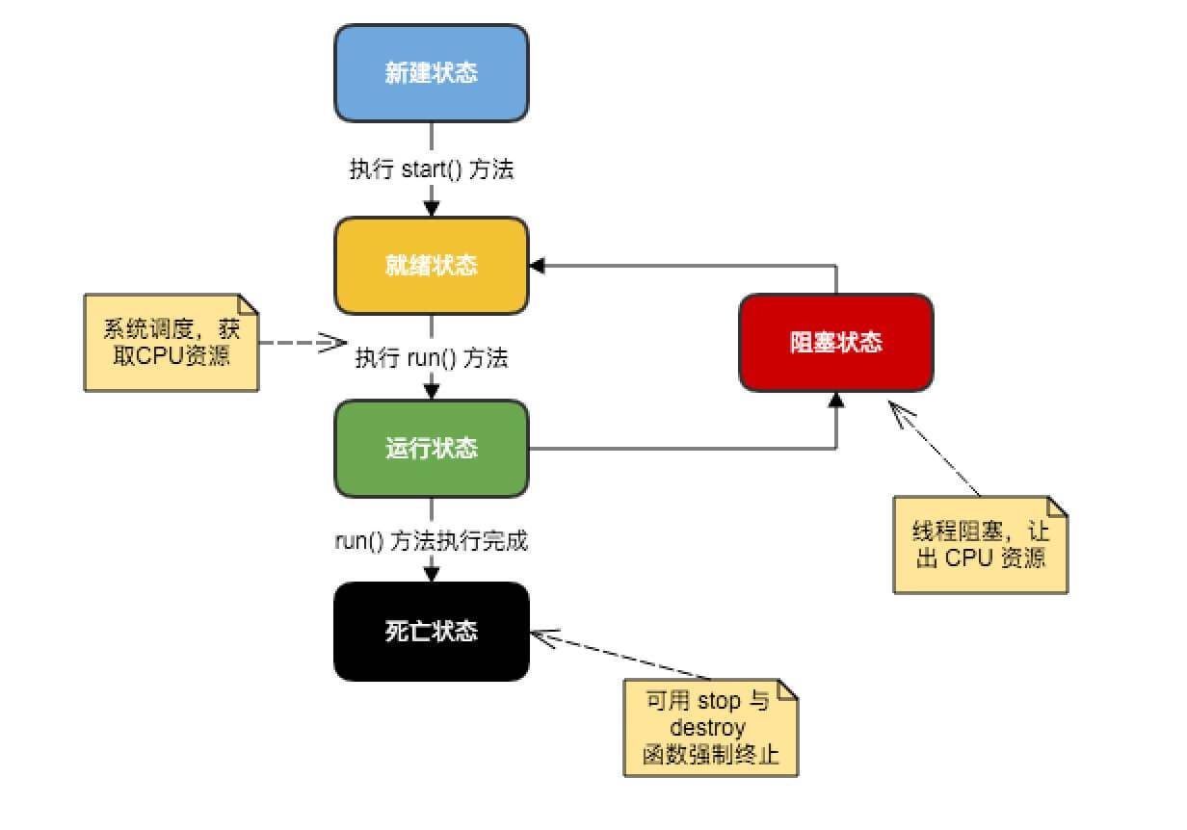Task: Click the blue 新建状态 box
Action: coord(431,73)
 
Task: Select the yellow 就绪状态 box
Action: coord(431,265)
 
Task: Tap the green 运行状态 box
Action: coord(431,449)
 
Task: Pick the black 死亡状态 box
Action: coord(431,632)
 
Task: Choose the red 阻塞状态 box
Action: coord(835,342)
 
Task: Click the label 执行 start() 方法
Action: coord(431,170)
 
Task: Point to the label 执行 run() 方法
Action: coord(431,358)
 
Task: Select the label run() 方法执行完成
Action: coord(431,541)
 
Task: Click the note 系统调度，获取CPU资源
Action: coord(171,342)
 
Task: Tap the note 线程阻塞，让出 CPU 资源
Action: coord(980,544)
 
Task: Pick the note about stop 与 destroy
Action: coord(711,728)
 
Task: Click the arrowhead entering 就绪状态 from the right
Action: coord(537,265)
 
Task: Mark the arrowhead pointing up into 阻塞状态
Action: coord(835,400)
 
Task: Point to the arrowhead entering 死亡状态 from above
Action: coord(431,574)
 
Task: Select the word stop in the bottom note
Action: coord(720,701)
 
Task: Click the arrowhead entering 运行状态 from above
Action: coord(431,391)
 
